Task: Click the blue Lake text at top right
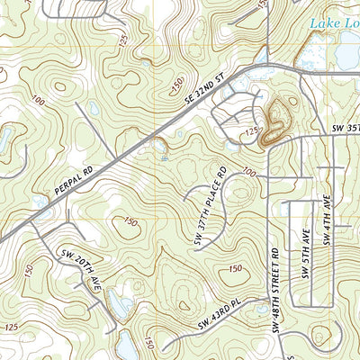[335, 24]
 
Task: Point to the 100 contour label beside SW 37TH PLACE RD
[248, 172]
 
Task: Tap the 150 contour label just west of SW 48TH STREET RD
[236, 268]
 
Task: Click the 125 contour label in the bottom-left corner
[12, 327]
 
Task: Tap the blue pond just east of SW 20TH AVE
[117, 308]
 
